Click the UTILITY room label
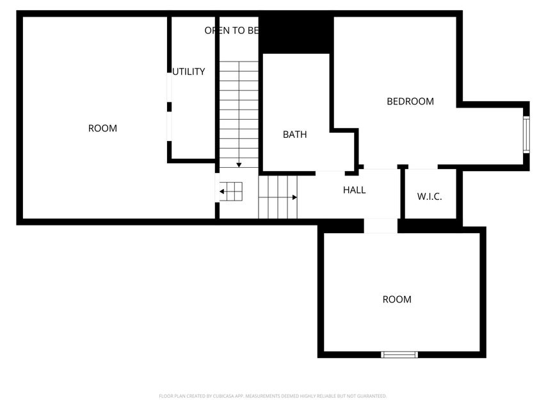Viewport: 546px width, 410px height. pos(189,72)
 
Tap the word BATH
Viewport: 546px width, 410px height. pos(294,135)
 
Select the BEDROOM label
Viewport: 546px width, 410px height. pos(410,101)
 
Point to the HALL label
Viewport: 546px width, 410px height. pos(354,190)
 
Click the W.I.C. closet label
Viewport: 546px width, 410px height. pos(430,197)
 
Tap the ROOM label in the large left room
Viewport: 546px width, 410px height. pos(102,128)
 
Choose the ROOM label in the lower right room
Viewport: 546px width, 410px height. pos(397,299)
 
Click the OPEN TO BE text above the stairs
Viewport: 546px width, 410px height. pos(231,30)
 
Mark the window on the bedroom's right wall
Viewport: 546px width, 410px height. pos(526,134)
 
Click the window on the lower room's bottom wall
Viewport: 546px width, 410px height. pos(399,354)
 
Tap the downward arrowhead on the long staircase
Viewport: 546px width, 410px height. pos(239,165)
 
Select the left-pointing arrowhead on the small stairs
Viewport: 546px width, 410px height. pos(222,191)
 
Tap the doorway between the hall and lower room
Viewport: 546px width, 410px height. pos(381,226)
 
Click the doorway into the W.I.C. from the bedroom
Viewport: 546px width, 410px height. pos(422,168)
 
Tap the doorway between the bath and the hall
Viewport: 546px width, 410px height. pos(330,172)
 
